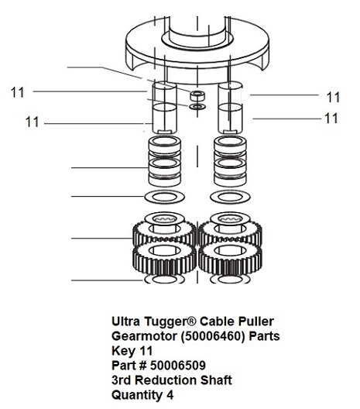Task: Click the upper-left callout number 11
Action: pos(17,92)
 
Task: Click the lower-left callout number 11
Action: pos(32,122)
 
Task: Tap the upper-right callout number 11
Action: pos(333,98)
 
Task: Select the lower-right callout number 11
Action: pos(331,119)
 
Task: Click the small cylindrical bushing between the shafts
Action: pos(197,95)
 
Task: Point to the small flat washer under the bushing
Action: pos(197,106)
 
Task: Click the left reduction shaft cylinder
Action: pos(164,108)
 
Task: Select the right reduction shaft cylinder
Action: pos(230,108)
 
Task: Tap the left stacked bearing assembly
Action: pos(164,161)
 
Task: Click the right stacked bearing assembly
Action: pos(230,161)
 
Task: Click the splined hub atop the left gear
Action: pos(164,219)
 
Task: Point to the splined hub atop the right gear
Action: pos(230,219)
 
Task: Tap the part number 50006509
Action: pos(178,365)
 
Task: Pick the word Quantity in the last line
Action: pos(136,395)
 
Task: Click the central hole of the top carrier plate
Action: pos(197,40)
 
